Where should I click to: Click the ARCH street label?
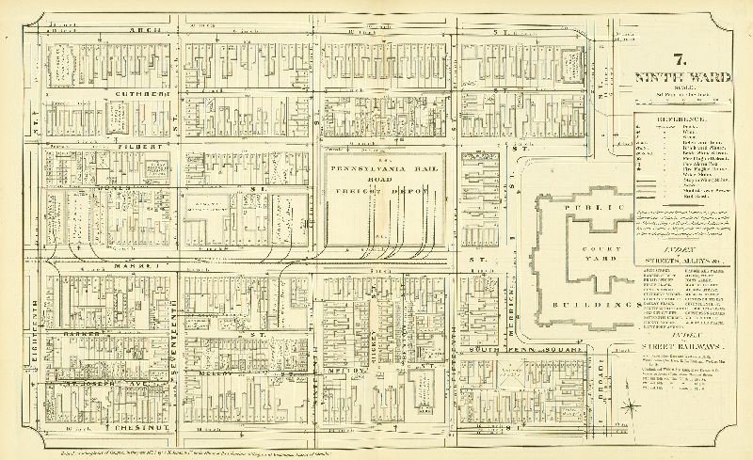[x=153, y=31]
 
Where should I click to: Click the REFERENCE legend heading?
[x=670, y=119]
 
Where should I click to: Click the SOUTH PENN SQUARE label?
[x=527, y=351]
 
